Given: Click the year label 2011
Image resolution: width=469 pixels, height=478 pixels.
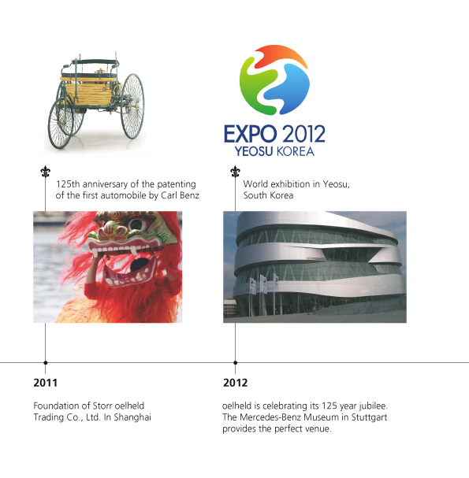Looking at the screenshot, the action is pyautogui.click(x=45, y=383).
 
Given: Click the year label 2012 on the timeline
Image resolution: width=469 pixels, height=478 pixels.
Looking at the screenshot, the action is pyautogui.click(x=235, y=383).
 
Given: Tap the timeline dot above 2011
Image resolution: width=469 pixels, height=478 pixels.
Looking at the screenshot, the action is pyautogui.click(x=46, y=362).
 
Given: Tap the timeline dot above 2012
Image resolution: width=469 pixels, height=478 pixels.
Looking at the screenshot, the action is pyautogui.click(x=235, y=362).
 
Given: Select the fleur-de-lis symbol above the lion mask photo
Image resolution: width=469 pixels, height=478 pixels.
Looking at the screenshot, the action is pyautogui.click(x=46, y=172).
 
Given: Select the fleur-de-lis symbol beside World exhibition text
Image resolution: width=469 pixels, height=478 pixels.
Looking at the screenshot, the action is pyautogui.click(x=235, y=172).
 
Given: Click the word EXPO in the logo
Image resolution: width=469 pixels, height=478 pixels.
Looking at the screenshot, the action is pyautogui.click(x=250, y=134).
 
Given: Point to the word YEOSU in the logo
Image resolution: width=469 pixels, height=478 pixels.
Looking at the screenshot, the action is pyautogui.click(x=254, y=151).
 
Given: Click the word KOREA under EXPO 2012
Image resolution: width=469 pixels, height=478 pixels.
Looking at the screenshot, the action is pyautogui.click(x=295, y=151).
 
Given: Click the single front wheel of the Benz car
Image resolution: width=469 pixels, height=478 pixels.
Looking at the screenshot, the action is pyautogui.click(x=61, y=124).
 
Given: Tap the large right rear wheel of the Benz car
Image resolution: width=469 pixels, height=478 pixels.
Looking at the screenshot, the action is pyautogui.click(x=132, y=106).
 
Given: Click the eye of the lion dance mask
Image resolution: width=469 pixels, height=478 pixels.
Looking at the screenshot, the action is pyautogui.click(x=136, y=225).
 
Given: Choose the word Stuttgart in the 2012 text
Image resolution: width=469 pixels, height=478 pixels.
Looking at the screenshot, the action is pyautogui.click(x=369, y=417).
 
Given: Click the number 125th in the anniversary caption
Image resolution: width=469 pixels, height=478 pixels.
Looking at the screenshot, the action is pyautogui.click(x=68, y=184).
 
